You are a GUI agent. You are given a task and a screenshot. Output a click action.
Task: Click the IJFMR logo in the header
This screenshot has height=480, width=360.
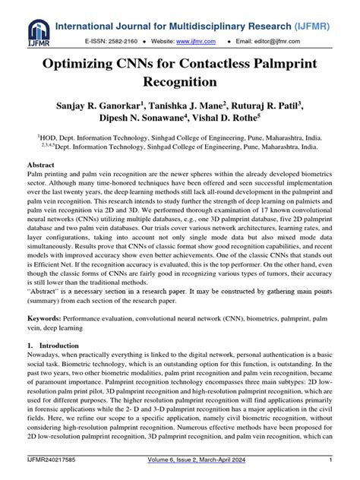[x=38, y=31]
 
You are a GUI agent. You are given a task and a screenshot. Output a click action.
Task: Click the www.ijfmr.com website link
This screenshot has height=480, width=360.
[x=200, y=39]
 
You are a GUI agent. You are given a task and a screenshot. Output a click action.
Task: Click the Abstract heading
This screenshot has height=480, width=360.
[x=41, y=164]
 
